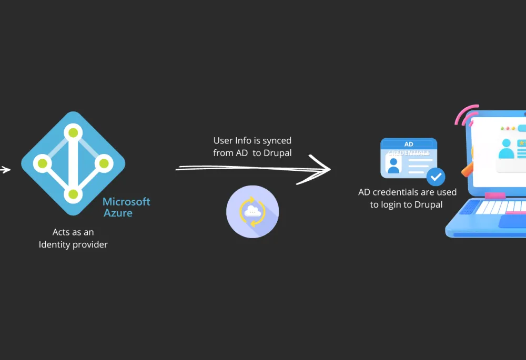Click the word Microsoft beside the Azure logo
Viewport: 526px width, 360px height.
click(126, 201)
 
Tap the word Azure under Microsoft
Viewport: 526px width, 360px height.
click(118, 213)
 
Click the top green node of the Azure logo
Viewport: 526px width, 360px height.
click(73, 133)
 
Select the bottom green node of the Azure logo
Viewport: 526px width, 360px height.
click(73, 194)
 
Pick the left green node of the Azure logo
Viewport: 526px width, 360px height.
click(42, 163)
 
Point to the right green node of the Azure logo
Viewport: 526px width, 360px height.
click(104, 163)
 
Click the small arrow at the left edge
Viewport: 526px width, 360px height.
click(5, 170)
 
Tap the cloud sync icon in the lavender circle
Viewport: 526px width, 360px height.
click(252, 211)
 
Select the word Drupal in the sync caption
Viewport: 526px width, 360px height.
click(277, 153)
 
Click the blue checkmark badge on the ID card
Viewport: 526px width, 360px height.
click(436, 177)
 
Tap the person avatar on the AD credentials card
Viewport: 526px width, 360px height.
click(393, 166)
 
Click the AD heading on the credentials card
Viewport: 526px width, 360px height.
click(409, 144)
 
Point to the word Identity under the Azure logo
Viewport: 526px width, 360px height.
click(54, 245)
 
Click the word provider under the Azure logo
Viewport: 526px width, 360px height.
click(90, 245)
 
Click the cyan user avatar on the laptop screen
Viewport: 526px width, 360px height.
click(506, 149)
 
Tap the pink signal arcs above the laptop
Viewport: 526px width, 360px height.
click(466, 115)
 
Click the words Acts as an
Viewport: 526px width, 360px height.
click(73, 232)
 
